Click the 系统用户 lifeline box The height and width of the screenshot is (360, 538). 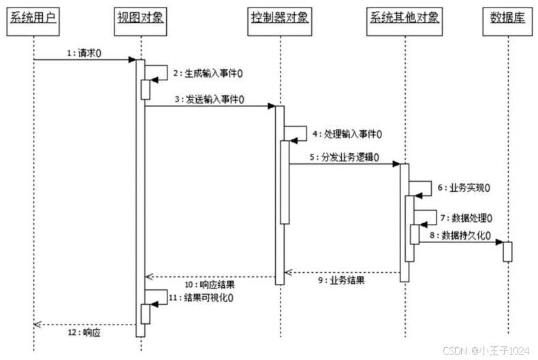(x=32, y=17)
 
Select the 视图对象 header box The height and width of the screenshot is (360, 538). (x=140, y=17)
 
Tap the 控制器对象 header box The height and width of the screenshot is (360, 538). (x=278, y=18)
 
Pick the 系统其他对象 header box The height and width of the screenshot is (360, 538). (x=405, y=17)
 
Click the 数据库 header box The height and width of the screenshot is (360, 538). (x=507, y=17)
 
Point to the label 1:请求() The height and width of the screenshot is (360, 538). (x=84, y=52)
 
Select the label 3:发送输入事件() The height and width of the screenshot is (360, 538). (x=209, y=99)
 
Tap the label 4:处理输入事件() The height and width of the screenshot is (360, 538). (x=345, y=134)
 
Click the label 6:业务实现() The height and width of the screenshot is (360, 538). (x=464, y=186)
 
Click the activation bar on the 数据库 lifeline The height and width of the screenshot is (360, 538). (x=507, y=251)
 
